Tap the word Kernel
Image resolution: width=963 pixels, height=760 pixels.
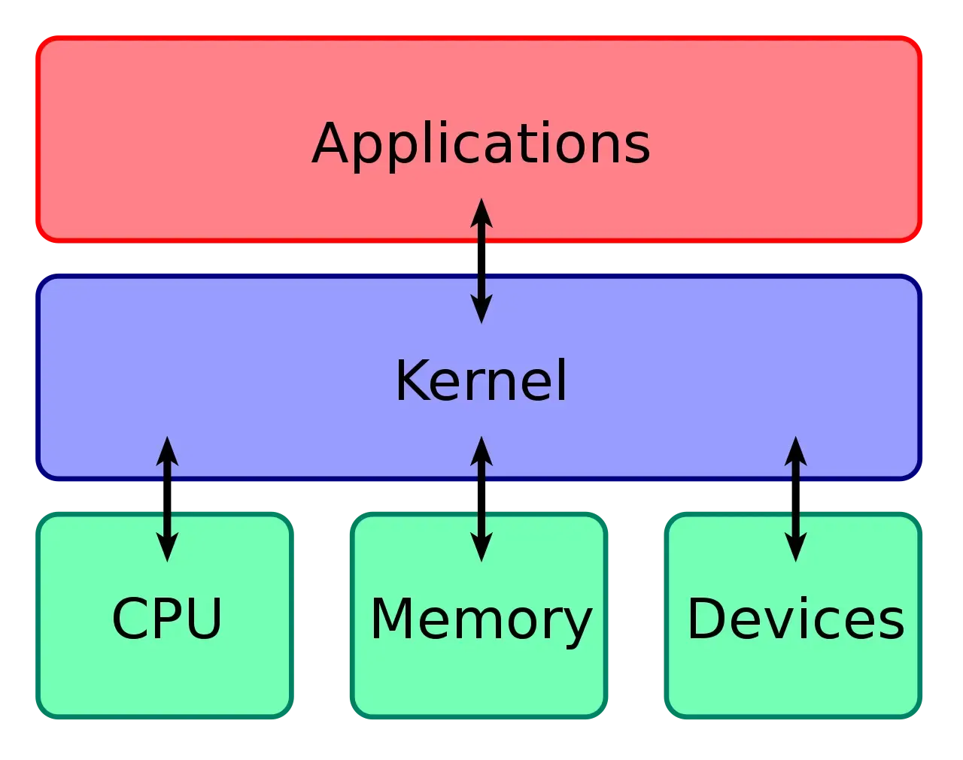tap(481, 380)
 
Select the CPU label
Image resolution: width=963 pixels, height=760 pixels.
tap(166, 619)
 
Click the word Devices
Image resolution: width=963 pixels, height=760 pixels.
tap(795, 619)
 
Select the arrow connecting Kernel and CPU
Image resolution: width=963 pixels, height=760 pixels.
tap(167, 498)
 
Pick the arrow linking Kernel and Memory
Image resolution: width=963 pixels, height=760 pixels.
tap(481, 498)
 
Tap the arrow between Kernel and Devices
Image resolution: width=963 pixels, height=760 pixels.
tap(795, 498)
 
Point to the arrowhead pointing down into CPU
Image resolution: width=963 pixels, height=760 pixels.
tap(167, 548)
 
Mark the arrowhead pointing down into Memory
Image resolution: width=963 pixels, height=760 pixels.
tap(481, 548)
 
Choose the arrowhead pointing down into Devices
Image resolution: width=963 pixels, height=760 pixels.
tap(795, 548)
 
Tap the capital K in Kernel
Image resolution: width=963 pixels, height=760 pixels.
tap(412, 380)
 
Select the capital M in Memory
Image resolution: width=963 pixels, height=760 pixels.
tap(392, 619)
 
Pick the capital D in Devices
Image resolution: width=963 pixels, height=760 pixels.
tap(708, 619)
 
